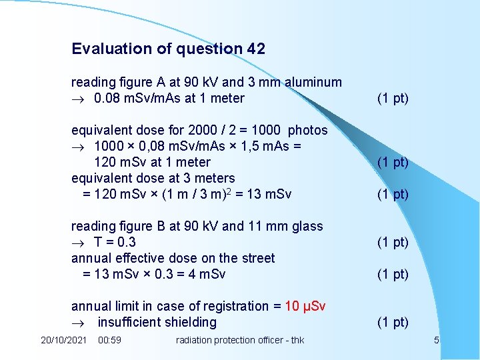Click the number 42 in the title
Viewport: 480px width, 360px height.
255,49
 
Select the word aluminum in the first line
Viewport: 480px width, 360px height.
313,82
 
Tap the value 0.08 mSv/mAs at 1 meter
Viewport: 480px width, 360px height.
169,98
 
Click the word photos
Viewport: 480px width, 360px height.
307,130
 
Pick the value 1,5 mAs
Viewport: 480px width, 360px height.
274,146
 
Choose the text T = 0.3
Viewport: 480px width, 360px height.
115,242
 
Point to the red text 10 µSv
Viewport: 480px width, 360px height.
305,306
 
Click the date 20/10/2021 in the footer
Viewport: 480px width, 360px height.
63,340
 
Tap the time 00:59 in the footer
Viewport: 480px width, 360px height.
109,340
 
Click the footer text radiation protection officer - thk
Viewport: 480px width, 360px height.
239,340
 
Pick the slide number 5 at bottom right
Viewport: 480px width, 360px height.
437,340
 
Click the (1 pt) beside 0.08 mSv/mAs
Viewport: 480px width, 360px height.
393,98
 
